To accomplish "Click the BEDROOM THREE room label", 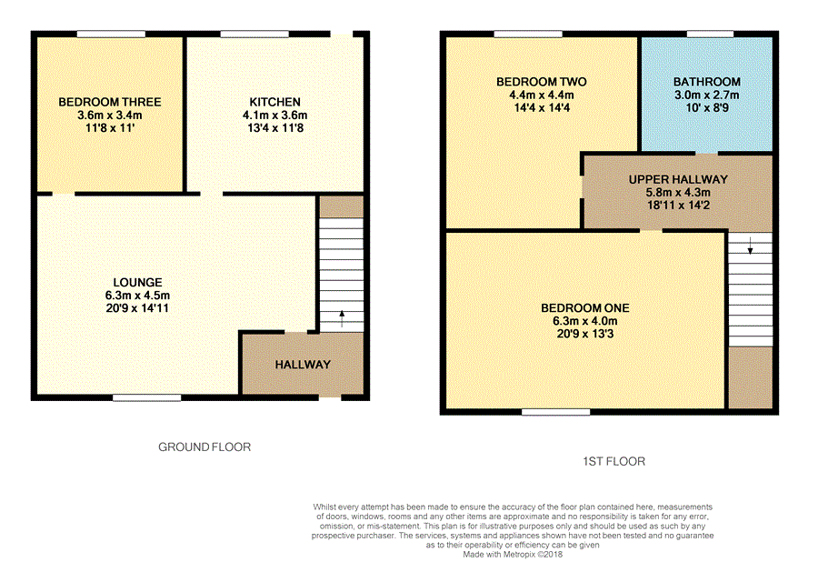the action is (110, 102).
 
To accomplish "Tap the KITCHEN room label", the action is (274, 102).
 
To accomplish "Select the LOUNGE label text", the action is (138, 282).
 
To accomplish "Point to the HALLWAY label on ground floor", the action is (303, 365).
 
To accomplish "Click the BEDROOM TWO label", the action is (542, 82).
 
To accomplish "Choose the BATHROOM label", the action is (707, 82).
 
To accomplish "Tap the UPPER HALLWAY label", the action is (678, 179).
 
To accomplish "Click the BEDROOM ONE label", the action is (585, 308).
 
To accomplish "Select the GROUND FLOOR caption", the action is (204, 447).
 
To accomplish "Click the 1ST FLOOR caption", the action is (614, 461).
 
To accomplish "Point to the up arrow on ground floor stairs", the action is (342, 319).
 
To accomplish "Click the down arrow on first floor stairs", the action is (750, 246).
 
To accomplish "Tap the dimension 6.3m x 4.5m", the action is (138, 296).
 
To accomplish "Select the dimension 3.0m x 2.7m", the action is (707, 95).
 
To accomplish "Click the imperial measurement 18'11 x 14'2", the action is (678, 206).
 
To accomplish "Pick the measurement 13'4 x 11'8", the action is (274, 127).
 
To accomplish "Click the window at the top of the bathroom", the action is (711, 35).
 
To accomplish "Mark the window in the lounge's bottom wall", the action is (147, 398).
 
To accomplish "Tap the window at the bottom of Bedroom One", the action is (556, 412).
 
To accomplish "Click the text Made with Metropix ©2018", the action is (513, 554).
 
